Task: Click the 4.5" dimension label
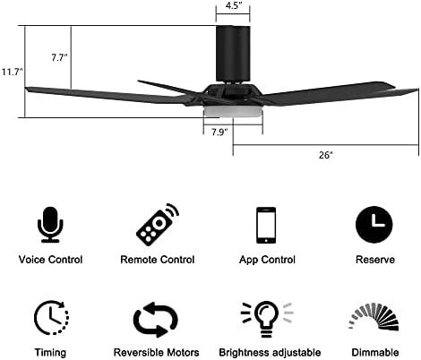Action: pyautogui.click(x=233, y=5)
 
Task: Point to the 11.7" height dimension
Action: pyautogui.click(x=13, y=72)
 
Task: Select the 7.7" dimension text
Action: pyautogui.click(x=59, y=57)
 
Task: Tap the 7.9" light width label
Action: pyautogui.click(x=219, y=132)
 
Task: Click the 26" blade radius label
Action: pyautogui.click(x=326, y=155)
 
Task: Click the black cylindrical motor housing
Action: pyautogui.click(x=233, y=54)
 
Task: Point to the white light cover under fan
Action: pyautogui.click(x=233, y=111)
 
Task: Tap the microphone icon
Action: pyautogui.click(x=50, y=225)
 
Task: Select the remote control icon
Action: pyautogui.click(x=158, y=224)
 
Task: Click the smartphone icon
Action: pyautogui.click(x=266, y=225)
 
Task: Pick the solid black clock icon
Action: pyautogui.click(x=374, y=224)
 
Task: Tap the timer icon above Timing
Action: pyautogui.click(x=51, y=317)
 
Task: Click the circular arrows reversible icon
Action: pyautogui.click(x=156, y=320)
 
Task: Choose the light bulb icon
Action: pyautogui.click(x=267, y=319)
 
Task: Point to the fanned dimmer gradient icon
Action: pyautogui.click(x=374, y=317)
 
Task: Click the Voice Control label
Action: pyautogui.click(x=50, y=260)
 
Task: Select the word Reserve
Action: pyautogui.click(x=375, y=260)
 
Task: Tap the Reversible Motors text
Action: pyautogui.click(x=156, y=353)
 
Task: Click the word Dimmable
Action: pyautogui.click(x=375, y=353)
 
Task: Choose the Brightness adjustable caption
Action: pyautogui.click(x=270, y=353)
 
